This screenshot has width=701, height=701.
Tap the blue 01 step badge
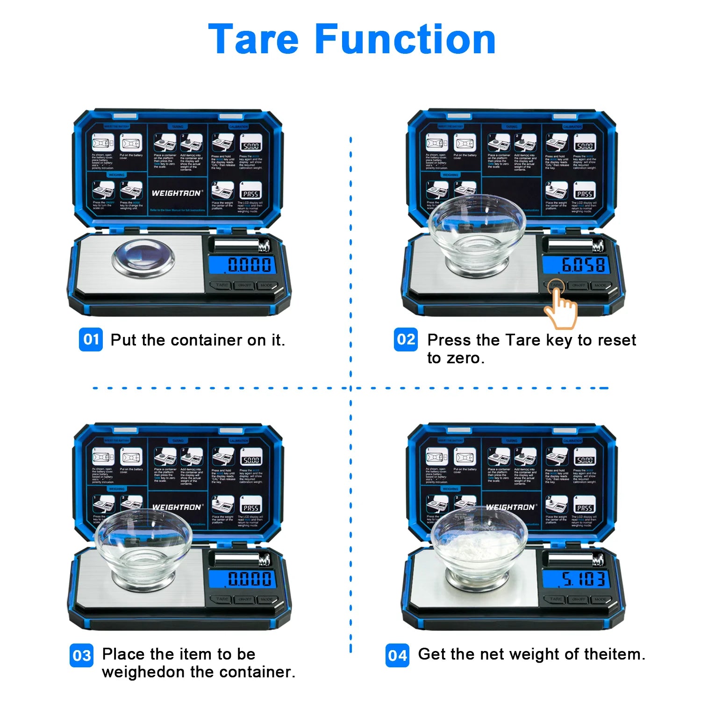coord(91,340)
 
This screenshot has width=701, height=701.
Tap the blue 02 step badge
coord(406,340)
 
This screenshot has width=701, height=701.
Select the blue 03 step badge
coord(82,655)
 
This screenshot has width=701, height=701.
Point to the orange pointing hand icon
coord(561,308)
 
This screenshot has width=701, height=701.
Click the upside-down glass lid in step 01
coord(143,259)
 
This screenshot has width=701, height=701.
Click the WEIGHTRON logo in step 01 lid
coord(177,193)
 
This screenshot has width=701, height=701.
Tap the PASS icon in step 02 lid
coord(584,193)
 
